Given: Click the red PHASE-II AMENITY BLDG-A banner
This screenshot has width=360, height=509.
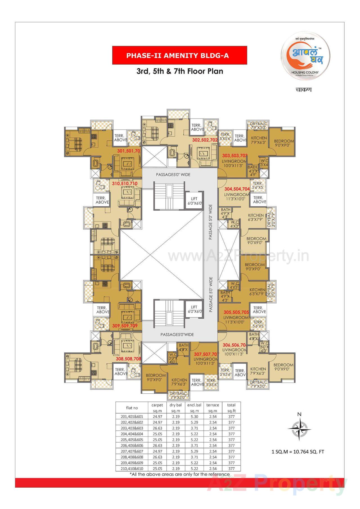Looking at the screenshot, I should coord(179,55).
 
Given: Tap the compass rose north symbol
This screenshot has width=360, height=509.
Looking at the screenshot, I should coord(299,429).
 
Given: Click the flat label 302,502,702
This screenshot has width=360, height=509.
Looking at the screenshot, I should coord(205,139).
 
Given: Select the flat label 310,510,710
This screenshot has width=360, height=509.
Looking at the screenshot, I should coord(125,183).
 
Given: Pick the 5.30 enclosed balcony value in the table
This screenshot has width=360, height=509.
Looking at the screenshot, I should coord(194,416).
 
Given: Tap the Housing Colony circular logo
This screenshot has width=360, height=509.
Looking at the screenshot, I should coord(305,58).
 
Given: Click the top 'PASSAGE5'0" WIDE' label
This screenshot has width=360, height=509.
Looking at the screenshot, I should coord(173,175).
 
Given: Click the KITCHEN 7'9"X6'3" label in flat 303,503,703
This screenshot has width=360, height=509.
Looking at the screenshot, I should coord(259,140).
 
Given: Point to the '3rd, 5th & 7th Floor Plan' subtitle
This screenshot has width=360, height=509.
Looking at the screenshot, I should coord(180,71).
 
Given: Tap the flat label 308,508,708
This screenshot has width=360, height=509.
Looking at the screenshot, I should coord(128,359).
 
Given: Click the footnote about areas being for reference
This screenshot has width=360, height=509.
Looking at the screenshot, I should coord(179,474).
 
